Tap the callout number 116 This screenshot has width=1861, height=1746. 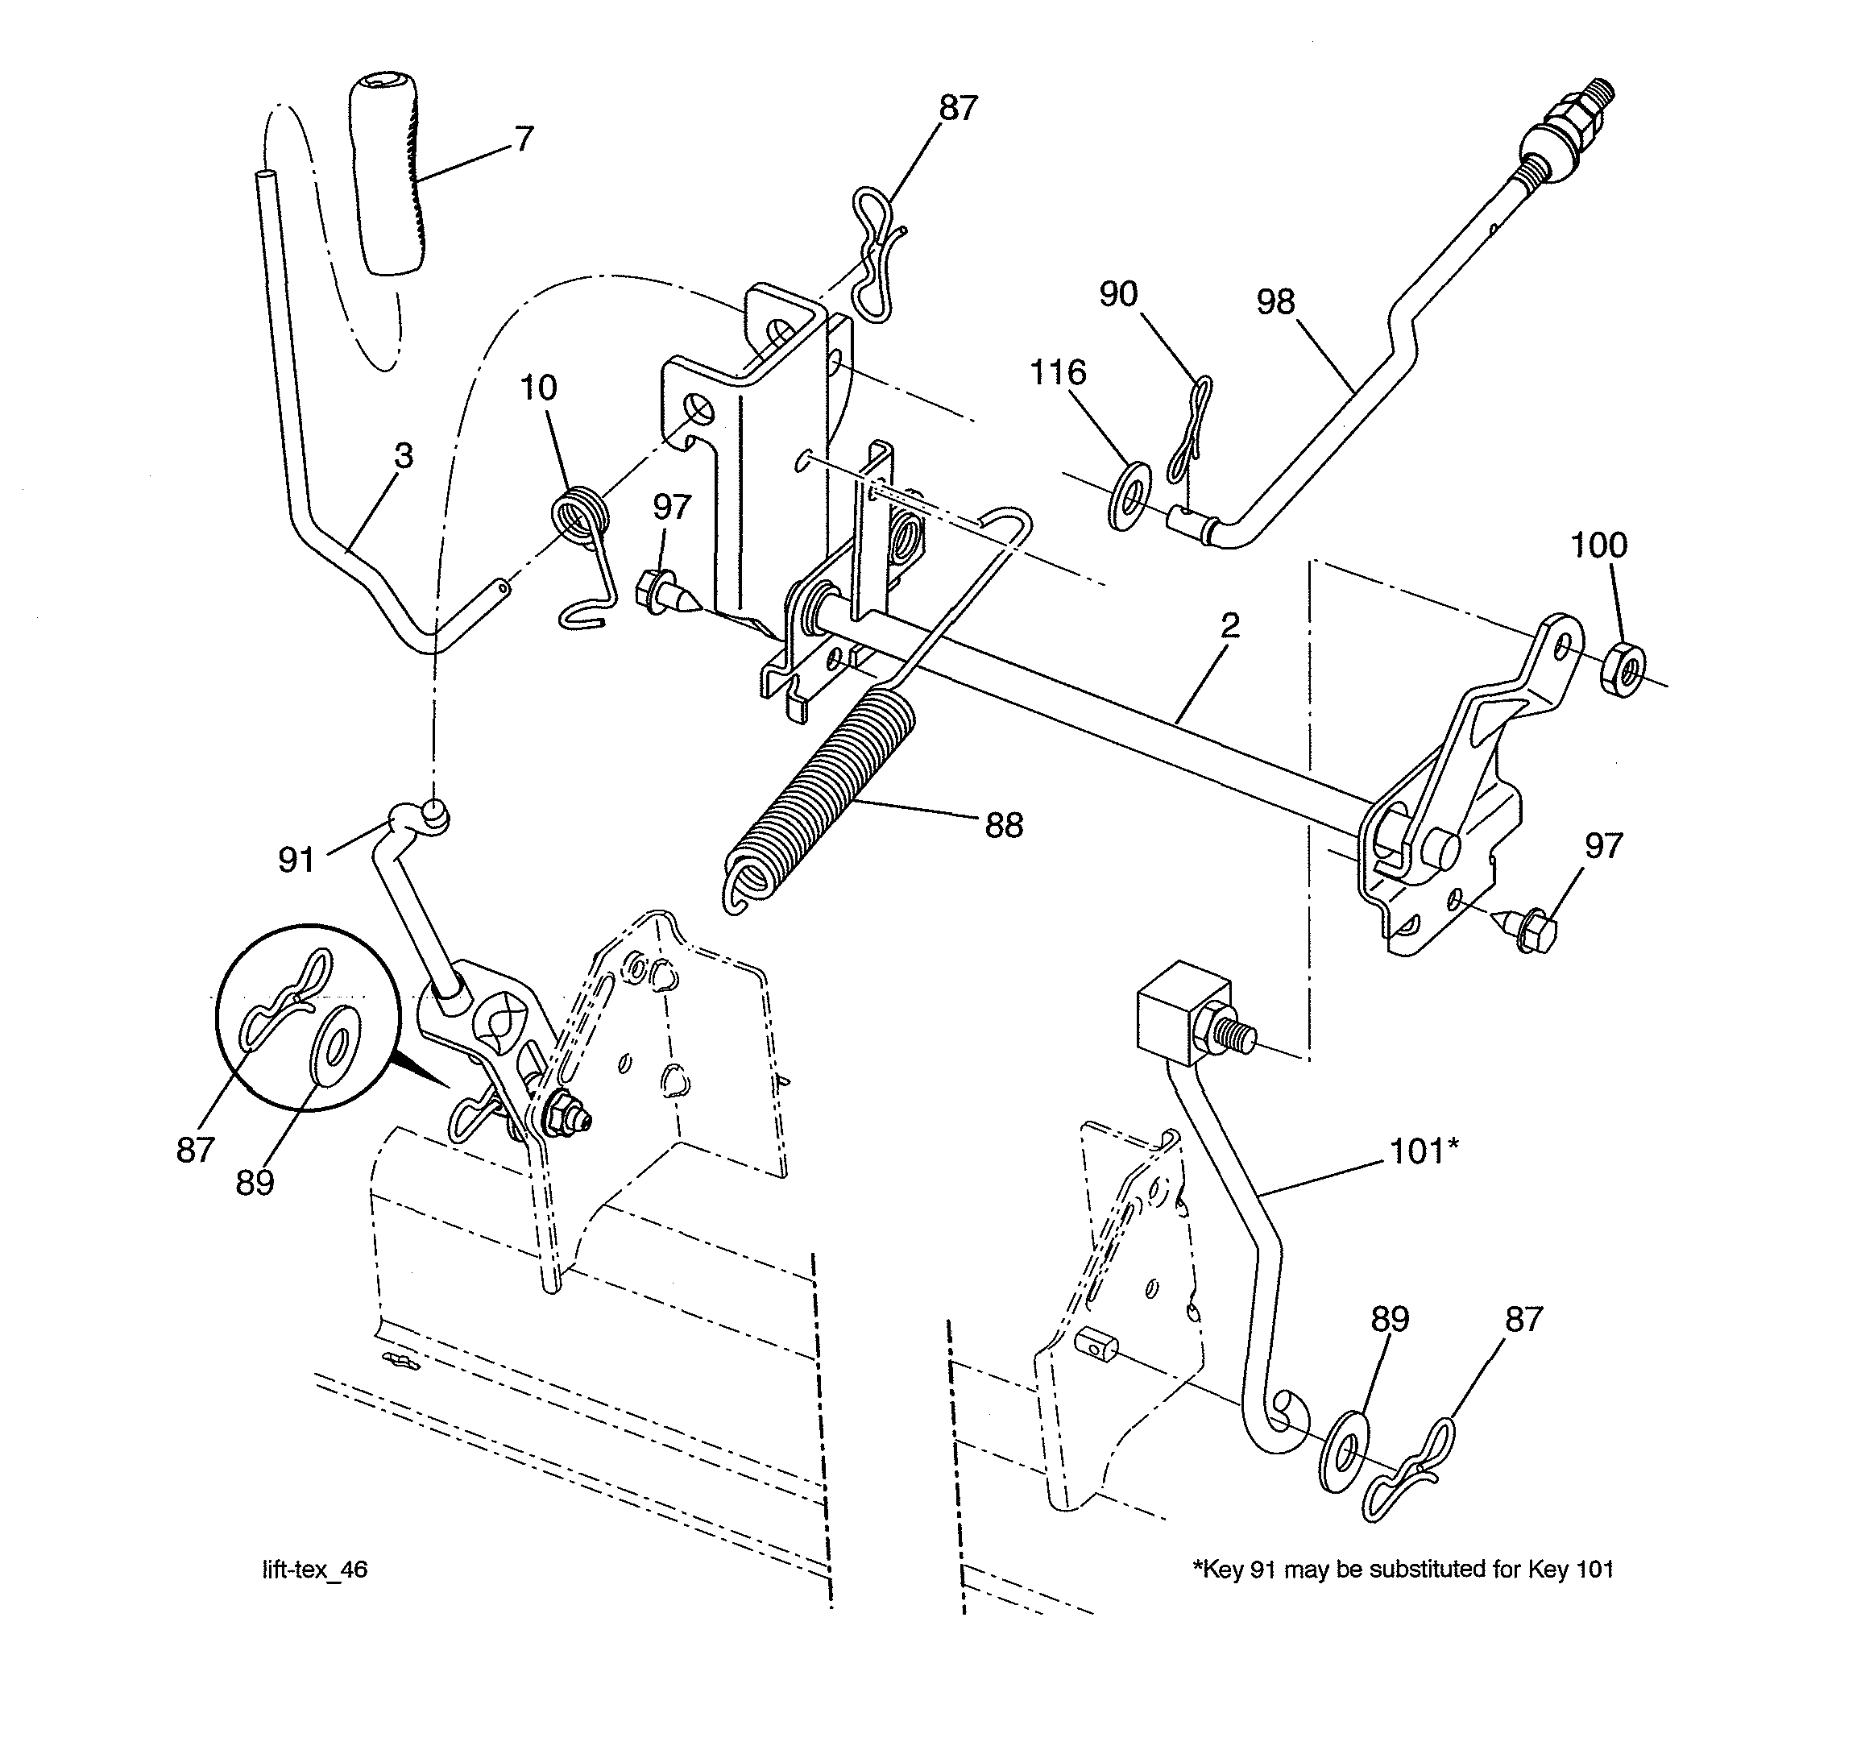[x=1058, y=372]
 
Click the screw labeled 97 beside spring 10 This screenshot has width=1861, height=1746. [x=664, y=594]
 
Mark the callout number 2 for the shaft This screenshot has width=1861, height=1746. [x=1230, y=625]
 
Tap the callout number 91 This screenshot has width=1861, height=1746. [x=296, y=860]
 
